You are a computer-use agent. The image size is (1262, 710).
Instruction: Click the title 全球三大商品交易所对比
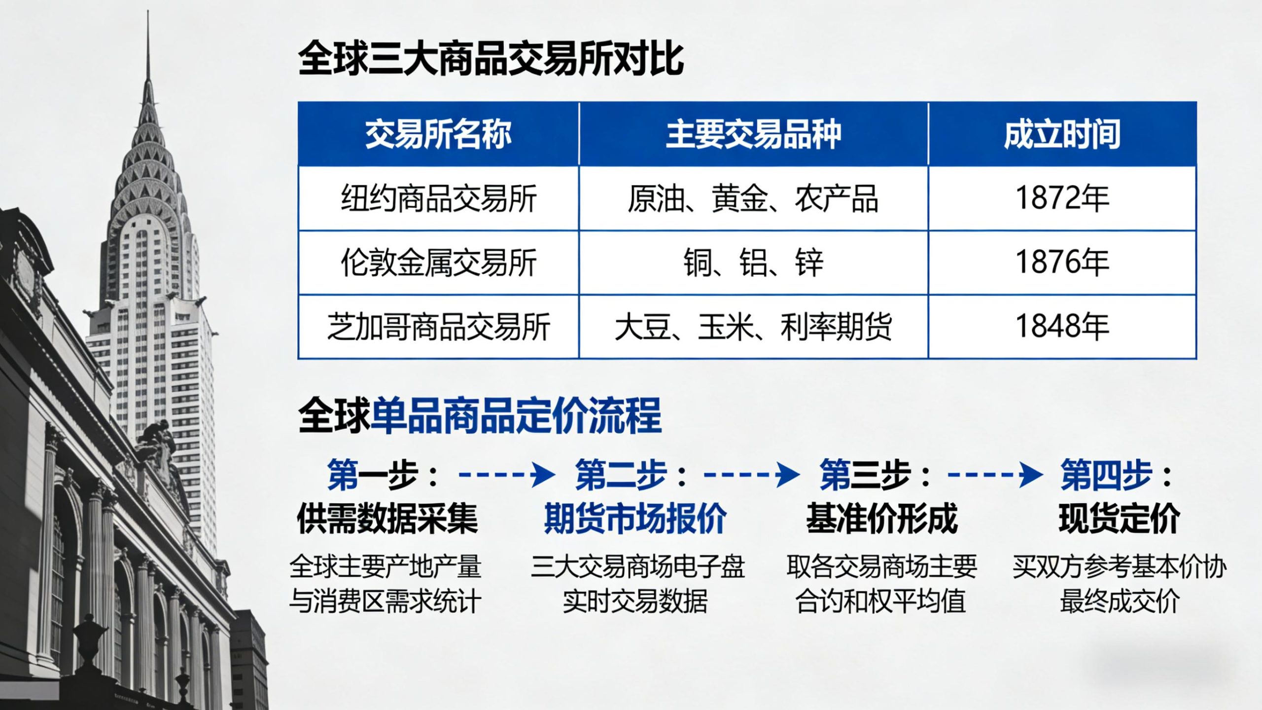[x=491, y=59]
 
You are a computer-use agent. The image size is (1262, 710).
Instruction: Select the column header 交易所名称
[x=438, y=134]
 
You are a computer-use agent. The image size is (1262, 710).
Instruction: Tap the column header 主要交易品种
[x=753, y=134]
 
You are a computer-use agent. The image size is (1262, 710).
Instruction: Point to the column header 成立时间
[x=1062, y=134]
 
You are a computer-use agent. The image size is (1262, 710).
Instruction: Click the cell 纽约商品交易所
[x=438, y=198]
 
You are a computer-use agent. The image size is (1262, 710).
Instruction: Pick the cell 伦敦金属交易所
[x=438, y=262]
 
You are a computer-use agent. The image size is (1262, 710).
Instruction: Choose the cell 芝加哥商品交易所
[x=438, y=327]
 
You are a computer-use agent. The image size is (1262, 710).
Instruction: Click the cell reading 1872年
[x=1062, y=198]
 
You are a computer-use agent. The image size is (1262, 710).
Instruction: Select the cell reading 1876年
[x=1062, y=262]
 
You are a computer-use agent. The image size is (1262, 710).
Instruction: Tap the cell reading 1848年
[x=1062, y=327]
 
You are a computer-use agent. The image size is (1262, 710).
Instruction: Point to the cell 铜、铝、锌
[x=753, y=262]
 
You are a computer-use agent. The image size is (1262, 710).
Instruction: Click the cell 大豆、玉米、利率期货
[x=753, y=327]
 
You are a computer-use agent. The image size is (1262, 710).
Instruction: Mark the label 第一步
[x=373, y=475]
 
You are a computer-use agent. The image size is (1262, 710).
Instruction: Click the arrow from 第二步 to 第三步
[x=751, y=475]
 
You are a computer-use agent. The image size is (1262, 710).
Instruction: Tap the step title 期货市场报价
[x=635, y=519]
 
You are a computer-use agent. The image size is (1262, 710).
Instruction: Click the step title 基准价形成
[x=881, y=519]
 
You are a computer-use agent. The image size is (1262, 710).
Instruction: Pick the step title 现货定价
[x=1119, y=519]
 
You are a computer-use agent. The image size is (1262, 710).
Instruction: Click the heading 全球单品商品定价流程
[x=480, y=416]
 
